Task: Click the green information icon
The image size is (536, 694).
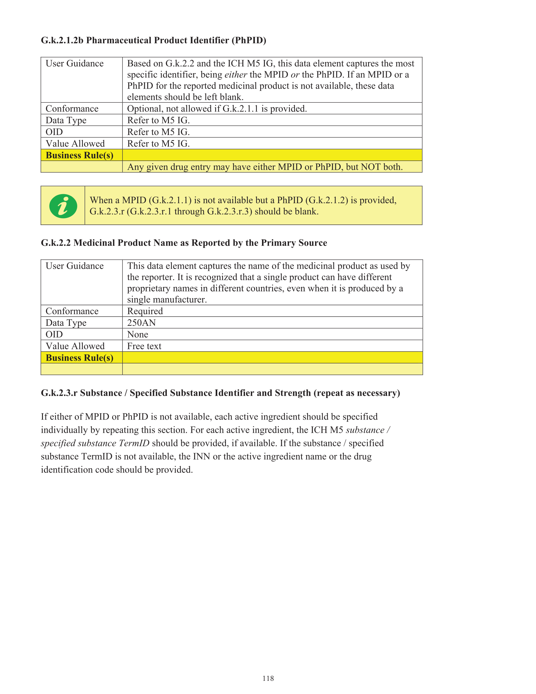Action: click(63, 206)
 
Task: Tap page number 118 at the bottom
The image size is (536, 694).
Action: click(268, 678)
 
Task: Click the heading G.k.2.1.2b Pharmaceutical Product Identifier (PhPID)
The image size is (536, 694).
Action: click(154, 40)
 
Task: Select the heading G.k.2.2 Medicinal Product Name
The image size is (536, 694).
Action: click(184, 243)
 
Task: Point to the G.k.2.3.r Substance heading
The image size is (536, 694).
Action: click(220, 393)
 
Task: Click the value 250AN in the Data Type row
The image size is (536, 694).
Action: click(142, 323)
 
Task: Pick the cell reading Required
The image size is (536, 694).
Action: click(145, 311)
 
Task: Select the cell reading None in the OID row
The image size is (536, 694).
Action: click(138, 334)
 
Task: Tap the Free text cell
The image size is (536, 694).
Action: click(144, 346)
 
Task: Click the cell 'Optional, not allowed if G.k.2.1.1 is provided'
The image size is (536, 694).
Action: click(217, 109)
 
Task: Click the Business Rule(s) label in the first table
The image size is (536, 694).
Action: click(79, 155)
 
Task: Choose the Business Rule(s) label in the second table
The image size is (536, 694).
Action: click(79, 358)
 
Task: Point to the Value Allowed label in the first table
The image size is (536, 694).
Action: click(75, 144)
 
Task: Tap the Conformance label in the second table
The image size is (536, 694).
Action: click(72, 311)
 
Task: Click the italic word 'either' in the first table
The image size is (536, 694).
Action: click(236, 75)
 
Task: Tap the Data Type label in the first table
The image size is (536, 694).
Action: click(66, 121)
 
